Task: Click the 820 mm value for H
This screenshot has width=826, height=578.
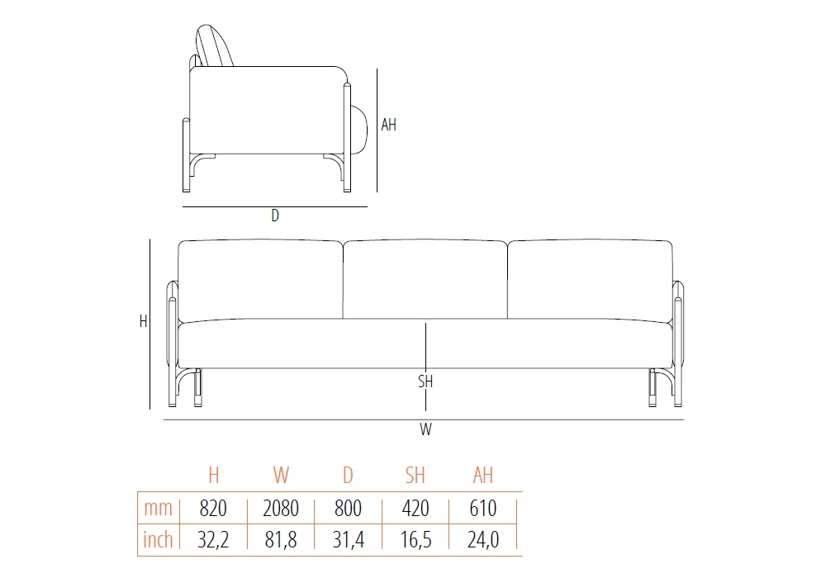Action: click(213, 509)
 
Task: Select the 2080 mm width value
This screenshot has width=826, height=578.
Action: click(281, 509)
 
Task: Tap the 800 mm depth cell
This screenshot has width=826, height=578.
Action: click(348, 509)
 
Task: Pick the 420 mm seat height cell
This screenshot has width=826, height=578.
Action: click(415, 509)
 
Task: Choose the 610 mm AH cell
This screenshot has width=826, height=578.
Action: click(482, 509)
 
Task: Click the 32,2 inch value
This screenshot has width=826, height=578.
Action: click(213, 539)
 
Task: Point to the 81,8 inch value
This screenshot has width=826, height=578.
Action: click(281, 539)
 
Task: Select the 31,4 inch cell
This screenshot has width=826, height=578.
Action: click(348, 539)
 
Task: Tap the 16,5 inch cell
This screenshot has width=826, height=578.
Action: click(415, 539)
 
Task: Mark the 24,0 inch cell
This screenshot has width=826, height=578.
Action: click(483, 539)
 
